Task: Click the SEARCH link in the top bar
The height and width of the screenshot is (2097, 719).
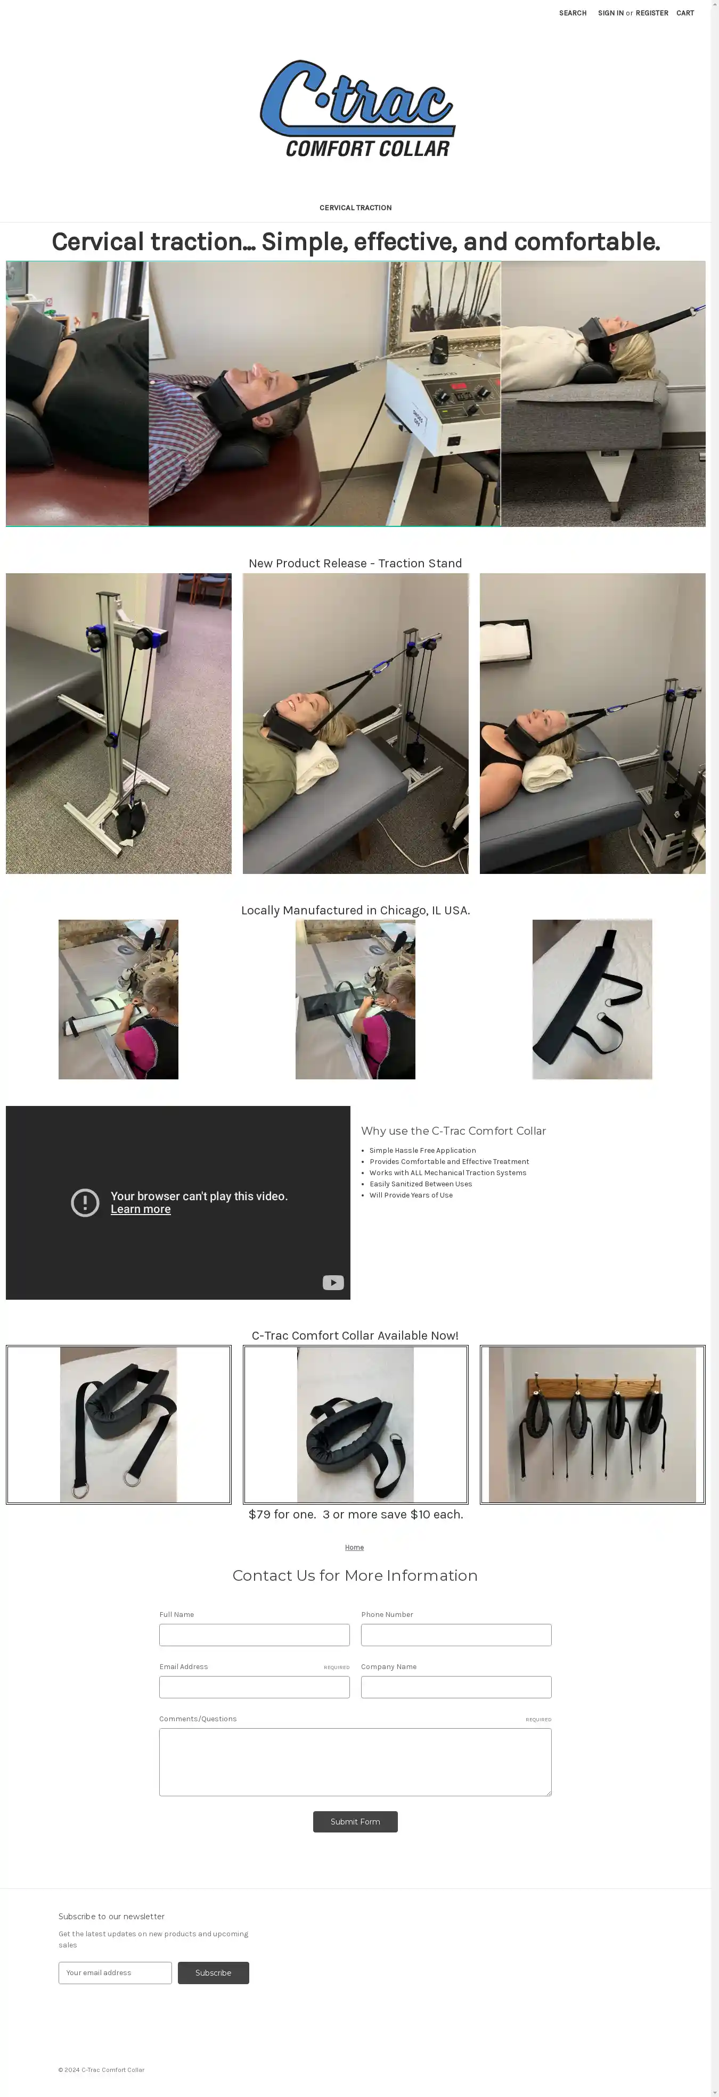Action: pyautogui.click(x=573, y=13)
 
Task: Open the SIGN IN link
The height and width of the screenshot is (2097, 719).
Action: pyautogui.click(x=611, y=13)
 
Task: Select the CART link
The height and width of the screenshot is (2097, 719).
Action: pyautogui.click(x=685, y=13)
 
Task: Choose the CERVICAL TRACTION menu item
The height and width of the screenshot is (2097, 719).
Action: pyautogui.click(x=355, y=208)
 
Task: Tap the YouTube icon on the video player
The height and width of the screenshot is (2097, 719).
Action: pyautogui.click(x=333, y=1282)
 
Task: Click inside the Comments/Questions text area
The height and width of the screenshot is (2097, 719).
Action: pyautogui.click(x=355, y=1762)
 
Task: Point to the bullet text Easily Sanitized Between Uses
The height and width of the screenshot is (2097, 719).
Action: pyautogui.click(x=421, y=1184)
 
